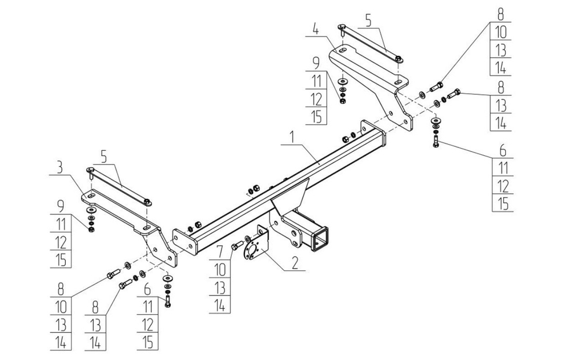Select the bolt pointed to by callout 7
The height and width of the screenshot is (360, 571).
click(x=236, y=246)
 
